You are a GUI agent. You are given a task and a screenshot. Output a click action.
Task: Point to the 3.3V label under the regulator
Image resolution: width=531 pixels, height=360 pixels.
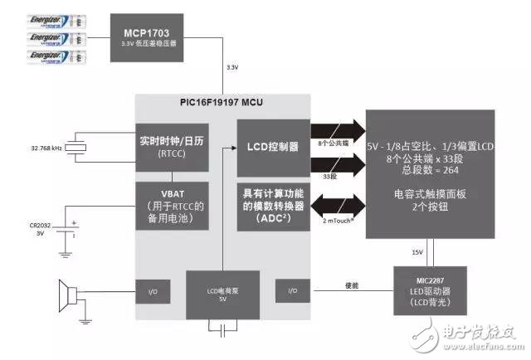232,67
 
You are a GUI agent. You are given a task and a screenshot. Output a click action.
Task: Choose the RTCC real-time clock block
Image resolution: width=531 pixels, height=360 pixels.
173,146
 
